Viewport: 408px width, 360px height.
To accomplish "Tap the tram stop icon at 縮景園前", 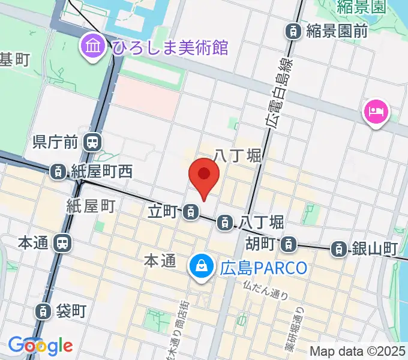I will [x=293, y=31].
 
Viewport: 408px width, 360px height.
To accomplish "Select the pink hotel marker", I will [x=376, y=112].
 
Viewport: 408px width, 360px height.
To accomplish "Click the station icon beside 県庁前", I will [x=92, y=143].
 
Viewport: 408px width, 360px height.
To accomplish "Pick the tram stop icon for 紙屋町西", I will [x=59, y=172].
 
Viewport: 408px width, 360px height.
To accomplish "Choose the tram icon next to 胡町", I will [x=289, y=244].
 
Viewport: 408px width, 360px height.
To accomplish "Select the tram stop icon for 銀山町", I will [x=340, y=248].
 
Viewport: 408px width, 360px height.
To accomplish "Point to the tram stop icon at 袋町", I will [x=43, y=311].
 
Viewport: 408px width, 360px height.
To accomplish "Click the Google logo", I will [x=40, y=346].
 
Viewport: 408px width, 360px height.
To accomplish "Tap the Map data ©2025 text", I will [x=358, y=350].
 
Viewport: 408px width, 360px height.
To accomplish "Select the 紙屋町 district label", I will [x=91, y=206].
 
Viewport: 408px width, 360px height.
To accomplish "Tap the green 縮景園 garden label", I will [x=360, y=8].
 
